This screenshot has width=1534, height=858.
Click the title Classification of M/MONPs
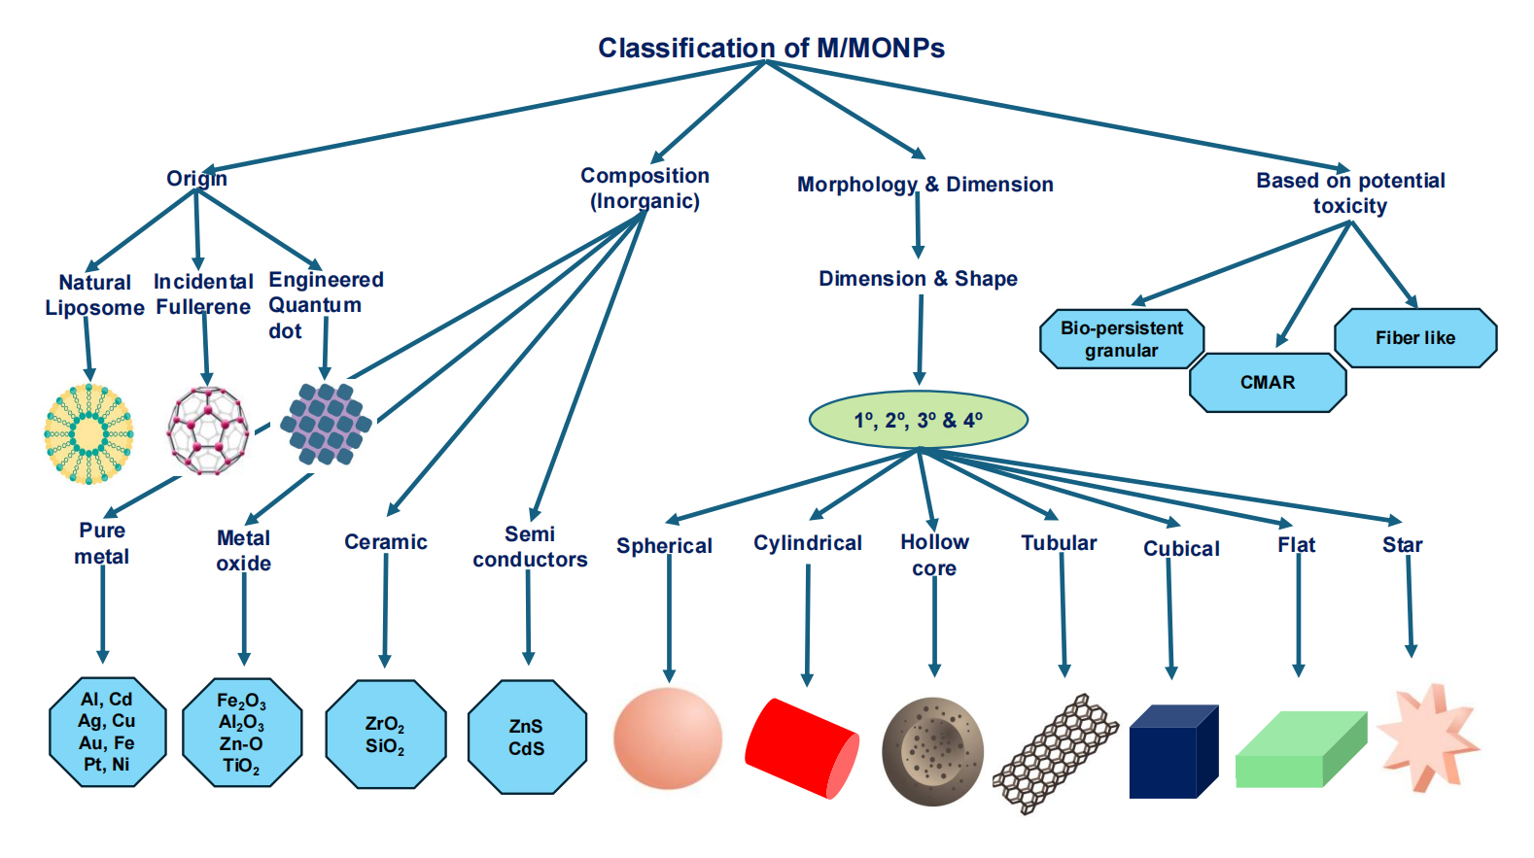771,48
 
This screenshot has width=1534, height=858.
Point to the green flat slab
1301,749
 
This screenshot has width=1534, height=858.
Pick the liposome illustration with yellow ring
88,433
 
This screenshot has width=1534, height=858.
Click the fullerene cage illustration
207,430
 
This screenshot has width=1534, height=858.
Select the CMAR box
1268,383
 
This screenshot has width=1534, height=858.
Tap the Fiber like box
1415,338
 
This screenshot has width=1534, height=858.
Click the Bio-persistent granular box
1122,339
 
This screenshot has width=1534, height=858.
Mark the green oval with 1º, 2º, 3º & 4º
918,420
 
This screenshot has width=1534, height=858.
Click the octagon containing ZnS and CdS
527,738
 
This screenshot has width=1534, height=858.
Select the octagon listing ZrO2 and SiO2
385,735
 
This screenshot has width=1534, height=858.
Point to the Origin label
196,179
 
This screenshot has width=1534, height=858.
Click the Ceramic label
386,542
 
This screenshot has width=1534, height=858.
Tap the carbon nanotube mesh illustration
1055,753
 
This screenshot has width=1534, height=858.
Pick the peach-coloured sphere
668,738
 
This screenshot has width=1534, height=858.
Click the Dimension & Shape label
918,279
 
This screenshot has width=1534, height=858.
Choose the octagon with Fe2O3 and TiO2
242,733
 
